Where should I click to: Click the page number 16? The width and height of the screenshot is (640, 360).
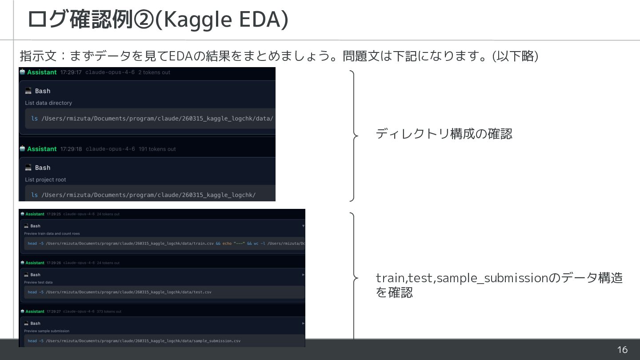click(x=622, y=350)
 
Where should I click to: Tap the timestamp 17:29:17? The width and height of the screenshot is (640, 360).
click(x=71, y=72)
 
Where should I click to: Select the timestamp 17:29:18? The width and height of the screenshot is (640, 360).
click(x=71, y=149)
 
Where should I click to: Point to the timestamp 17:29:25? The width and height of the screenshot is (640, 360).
click(x=53, y=214)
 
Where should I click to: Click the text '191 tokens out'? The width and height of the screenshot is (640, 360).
click(x=157, y=149)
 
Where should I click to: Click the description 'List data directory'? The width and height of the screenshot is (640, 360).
click(x=48, y=103)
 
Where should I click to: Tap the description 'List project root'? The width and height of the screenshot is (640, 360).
click(x=45, y=180)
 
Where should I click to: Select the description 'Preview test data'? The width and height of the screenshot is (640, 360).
click(x=38, y=282)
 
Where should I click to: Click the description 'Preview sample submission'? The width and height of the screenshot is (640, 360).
click(x=47, y=331)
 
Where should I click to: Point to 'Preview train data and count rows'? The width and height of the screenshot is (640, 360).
click(x=52, y=234)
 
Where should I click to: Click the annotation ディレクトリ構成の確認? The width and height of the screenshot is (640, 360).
click(x=444, y=134)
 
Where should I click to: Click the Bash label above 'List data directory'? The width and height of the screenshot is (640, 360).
click(x=43, y=91)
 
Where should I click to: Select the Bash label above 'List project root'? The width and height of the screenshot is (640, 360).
click(x=43, y=168)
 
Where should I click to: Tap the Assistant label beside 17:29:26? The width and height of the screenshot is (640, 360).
click(x=35, y=263)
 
